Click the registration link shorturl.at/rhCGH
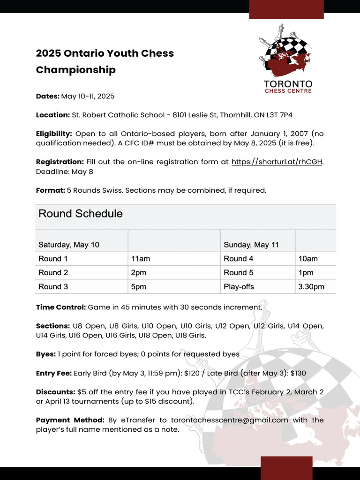click(277, 162)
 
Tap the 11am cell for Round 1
click(141, 259)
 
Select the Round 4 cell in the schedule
click(239, 259)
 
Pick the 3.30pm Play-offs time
click(311, 286)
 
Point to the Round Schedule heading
click(81, 214)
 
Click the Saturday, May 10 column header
click(69, 245)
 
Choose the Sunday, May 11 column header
click(251, 245)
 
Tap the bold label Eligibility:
click(54, 134)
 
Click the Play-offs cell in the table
click(239, 286)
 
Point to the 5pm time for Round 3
click(139, 286)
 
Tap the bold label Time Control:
click(61, 307)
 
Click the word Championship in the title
click(76, 70)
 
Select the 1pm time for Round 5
click(306, 272)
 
